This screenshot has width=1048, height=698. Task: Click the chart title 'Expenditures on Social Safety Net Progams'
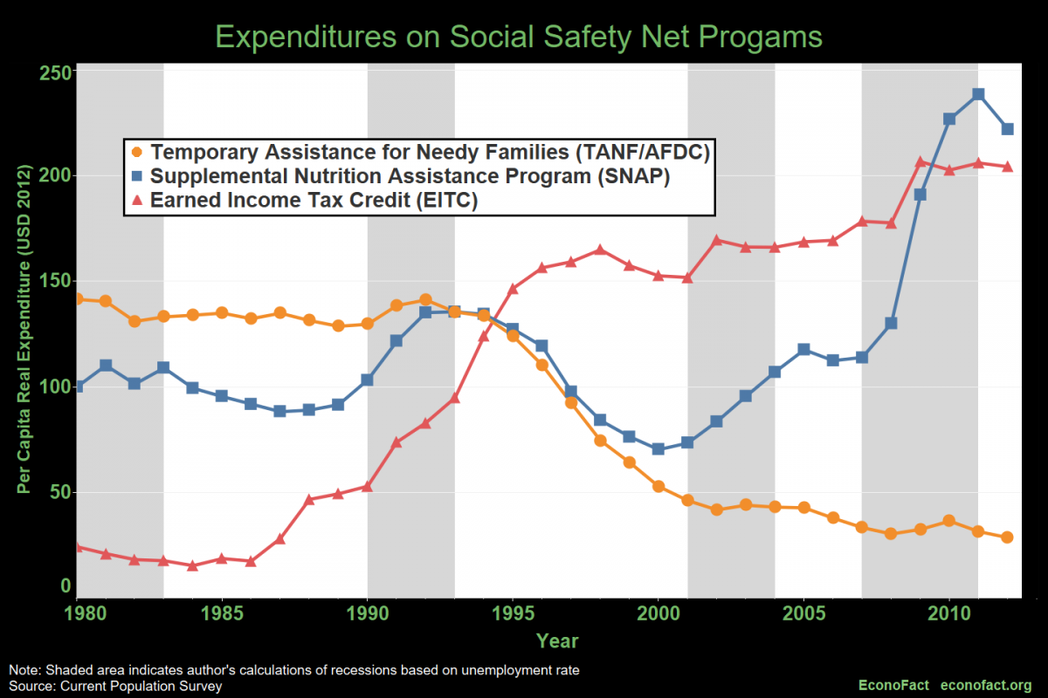[x=519, y=37]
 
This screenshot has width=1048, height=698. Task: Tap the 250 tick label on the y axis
[x=54, y=72]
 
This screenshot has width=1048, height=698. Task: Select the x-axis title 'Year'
[x=557, y=641]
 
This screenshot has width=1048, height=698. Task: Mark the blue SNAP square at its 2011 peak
[x=978, y=94]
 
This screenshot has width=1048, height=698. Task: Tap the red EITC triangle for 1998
[x=600, y=250]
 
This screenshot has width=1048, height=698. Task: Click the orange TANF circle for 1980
[x=79, y=299]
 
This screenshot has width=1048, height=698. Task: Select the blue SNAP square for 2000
[x=658, y=449]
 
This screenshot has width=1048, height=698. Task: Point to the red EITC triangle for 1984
[x=192, y=566]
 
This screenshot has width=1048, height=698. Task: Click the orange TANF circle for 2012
[x=1007, y=537]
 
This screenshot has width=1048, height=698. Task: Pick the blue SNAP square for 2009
[x=920, y=195]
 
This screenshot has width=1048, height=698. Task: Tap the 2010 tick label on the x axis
[x=948, y=613]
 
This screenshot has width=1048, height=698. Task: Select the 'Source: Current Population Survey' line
[x=115, y=686]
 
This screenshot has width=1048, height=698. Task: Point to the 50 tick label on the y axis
[x=59, y=492]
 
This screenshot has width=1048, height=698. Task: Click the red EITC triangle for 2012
[x=1007, y=167]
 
